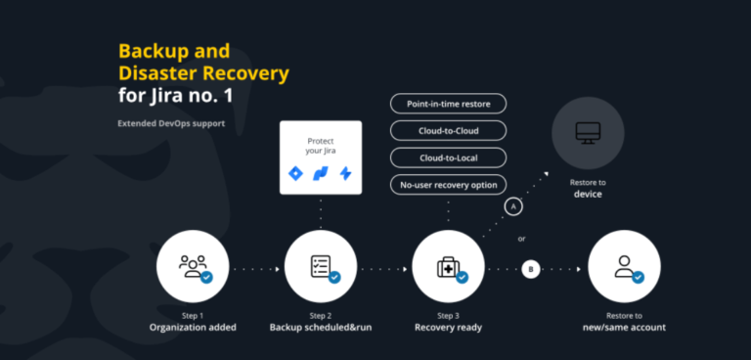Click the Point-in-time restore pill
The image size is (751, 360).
[x=448, y=104]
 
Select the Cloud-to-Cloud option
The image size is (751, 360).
[x=448, y=130]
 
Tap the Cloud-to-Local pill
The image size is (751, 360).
[x=448, y=157]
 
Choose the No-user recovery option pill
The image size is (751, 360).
[x=448, y=183]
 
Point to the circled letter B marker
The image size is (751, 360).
[x=531, y=268]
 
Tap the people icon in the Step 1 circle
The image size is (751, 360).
[x=192, y=266]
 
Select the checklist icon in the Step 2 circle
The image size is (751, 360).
[x=320, y=266]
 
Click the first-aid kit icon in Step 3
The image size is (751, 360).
[x=447, y=266]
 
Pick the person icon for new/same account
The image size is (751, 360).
[x=623, y=266]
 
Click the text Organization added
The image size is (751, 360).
[x=192, y=327]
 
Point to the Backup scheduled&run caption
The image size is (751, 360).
[x=320, y=327]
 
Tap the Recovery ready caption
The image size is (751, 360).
[x=448, y=327]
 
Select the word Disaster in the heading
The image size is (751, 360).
[x=161, y=73]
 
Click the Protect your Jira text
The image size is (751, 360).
[x=321, y=145]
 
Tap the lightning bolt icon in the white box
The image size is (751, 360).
[x=345, y=173]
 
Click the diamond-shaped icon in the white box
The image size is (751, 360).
[x=296, y=173]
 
